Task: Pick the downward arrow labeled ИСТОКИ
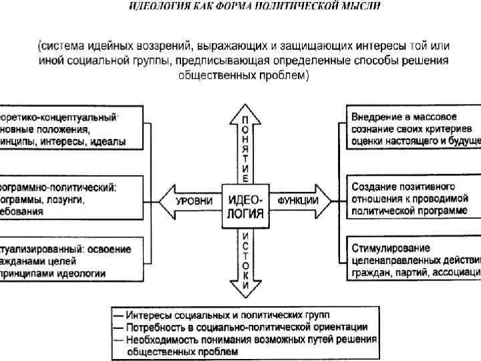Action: [x=246, y=261]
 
